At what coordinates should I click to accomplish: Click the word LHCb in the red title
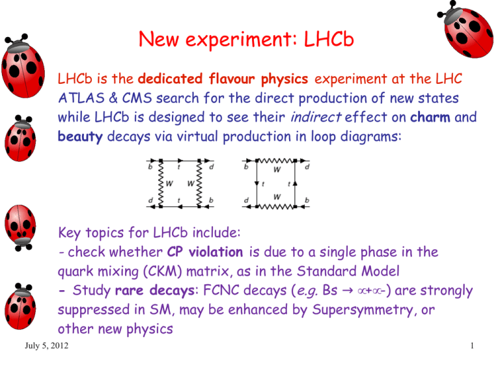(329, 39)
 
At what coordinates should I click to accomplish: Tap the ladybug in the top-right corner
(467, 30)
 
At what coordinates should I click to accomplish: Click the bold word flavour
(232, 79)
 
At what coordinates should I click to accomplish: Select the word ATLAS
(81, 98)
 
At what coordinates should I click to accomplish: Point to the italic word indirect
(316, 117)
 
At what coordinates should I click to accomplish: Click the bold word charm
(430, 117)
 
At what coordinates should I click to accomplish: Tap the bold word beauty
(80, 137)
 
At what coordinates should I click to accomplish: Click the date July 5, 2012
(47, 345)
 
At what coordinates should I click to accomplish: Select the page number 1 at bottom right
(472, 345)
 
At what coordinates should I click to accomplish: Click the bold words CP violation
(205, 252)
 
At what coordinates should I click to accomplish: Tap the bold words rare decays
(155, 291)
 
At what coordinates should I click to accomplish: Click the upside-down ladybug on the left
(20, 228)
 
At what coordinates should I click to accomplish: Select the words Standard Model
(348, 271)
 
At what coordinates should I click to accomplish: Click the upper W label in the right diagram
(277, 170)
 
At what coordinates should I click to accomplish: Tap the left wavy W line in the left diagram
(161, 184)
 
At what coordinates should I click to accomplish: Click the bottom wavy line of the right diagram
(276, 207)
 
